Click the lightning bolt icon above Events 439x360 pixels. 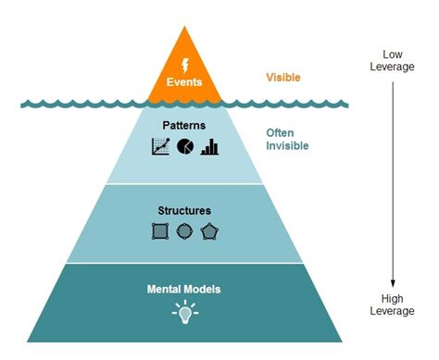coord(183,66)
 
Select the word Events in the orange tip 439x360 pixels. coord(183,82)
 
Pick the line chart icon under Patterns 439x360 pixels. coord(160,146)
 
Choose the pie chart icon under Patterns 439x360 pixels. coord(184,146)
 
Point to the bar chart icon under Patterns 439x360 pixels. coord(209,146)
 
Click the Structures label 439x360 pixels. coord(183,211)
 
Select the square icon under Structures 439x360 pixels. coord(160,231)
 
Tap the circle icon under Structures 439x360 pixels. coord(184,231)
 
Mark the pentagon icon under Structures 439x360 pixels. coord(209,231)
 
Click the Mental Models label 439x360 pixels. coord(183,290)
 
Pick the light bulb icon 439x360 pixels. coord(184,312)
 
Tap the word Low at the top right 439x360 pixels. coord(394,54)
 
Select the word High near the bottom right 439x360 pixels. coord(394,299)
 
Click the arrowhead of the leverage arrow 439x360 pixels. coord(393,284)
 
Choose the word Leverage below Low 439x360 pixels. coord(394,67)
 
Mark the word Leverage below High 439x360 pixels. coord(394,312)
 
